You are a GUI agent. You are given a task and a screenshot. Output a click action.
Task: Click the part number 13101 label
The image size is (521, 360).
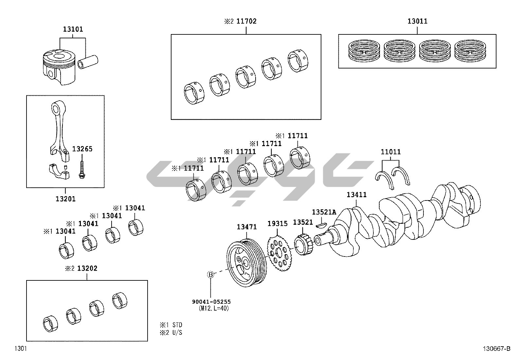(x=73, y=29)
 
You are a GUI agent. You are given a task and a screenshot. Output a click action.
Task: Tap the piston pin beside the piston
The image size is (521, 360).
(x=88, y=62)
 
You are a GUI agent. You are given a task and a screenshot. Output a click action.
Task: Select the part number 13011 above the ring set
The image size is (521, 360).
(x=418, y=21)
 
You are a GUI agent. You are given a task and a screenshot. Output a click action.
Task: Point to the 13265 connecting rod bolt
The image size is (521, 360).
(x=81, y=170)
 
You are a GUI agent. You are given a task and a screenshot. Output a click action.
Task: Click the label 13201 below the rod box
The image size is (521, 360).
(x=65, y=199)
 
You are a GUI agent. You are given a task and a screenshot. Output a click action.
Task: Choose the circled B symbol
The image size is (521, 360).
(x=210, y=275)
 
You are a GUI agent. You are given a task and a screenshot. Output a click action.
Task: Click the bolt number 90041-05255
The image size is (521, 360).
(x=211, y=302)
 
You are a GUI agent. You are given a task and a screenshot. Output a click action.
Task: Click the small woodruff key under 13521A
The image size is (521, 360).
(x=322, y=225)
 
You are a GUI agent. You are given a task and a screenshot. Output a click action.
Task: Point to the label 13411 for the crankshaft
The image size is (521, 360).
(x=357, y=195)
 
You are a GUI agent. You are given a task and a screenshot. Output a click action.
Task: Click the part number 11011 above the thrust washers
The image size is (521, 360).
(x=391, y=152)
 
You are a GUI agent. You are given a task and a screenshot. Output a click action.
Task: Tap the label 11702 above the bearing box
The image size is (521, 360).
(x=246, y=21)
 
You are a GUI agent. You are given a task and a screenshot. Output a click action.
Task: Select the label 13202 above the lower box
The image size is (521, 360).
(x=87, y=268)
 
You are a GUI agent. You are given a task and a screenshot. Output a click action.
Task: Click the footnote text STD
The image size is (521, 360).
(x=177, y=325)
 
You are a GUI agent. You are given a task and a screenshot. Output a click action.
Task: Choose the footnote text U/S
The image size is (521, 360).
(x=177, y=332)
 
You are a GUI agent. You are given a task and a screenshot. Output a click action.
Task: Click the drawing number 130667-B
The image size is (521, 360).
(x=496, y=349)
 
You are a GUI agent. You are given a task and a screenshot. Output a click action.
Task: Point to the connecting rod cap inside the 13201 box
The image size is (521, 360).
(x=59, y=172)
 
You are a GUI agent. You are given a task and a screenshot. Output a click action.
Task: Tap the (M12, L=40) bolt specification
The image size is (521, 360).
(x=214, y=308)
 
